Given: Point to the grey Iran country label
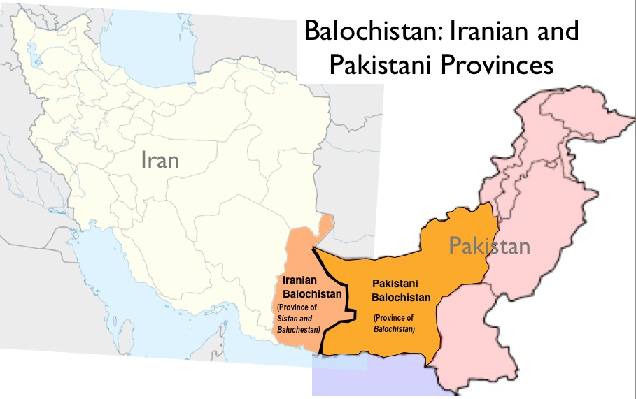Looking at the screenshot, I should coord(160,161).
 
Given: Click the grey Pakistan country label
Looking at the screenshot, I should coord(489,246).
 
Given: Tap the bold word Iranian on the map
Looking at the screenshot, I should coord(300,280).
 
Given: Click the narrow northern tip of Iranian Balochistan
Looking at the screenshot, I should coord(325,225).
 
